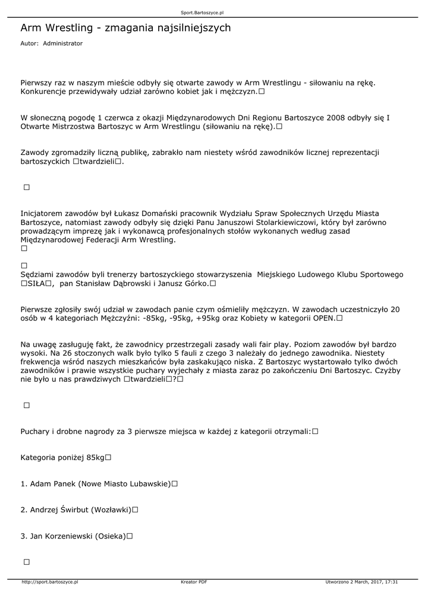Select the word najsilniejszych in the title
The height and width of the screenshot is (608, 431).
191,28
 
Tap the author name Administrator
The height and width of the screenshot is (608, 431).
63,43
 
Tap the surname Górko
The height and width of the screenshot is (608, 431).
196,284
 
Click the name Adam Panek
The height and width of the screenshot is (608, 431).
52,484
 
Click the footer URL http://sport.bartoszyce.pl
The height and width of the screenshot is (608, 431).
49,582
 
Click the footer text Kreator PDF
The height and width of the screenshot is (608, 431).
194,582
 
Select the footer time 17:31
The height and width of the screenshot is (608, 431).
391,582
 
